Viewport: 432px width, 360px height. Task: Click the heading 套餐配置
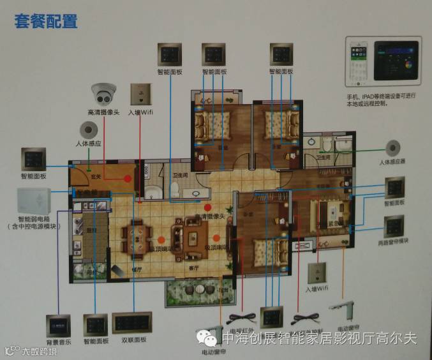point(46,22)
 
